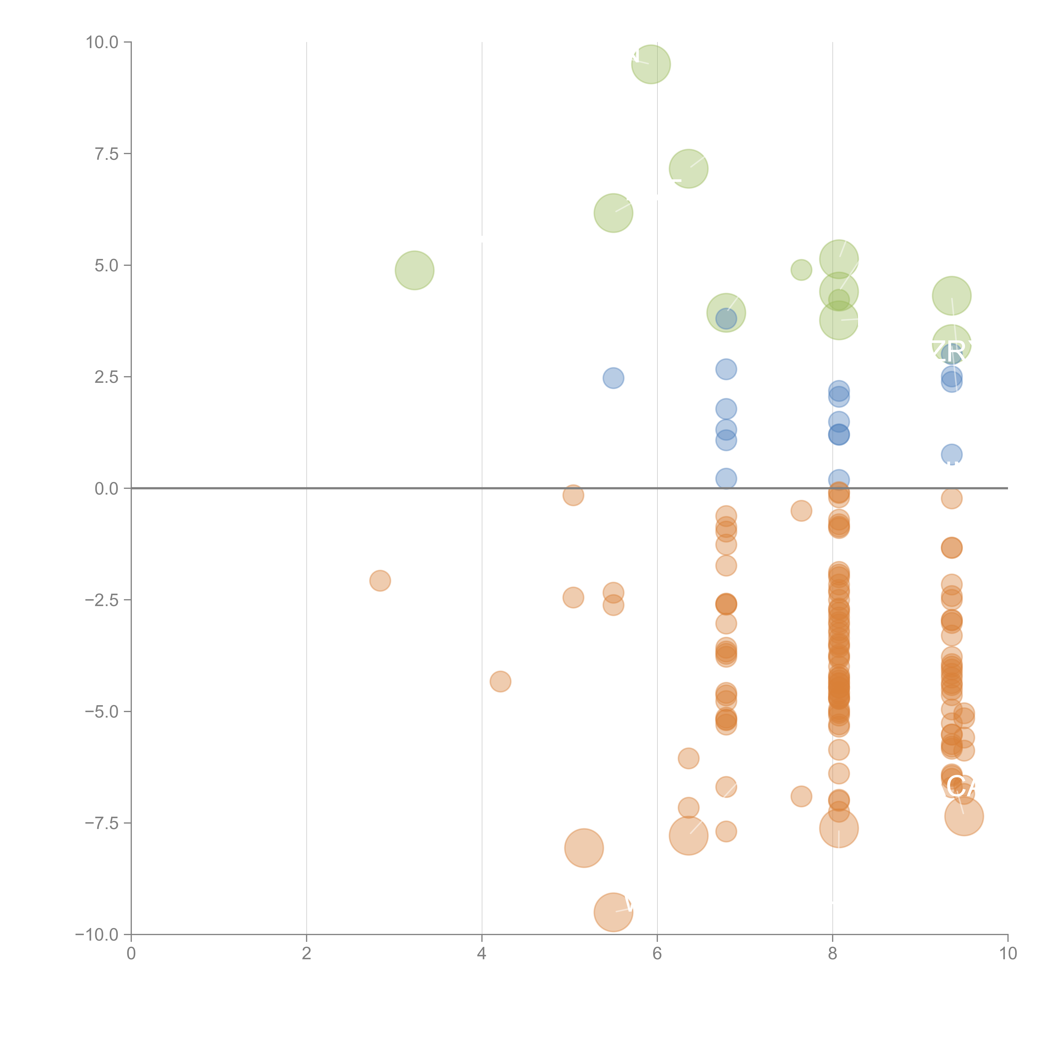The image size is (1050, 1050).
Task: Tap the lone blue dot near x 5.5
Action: [613, 378]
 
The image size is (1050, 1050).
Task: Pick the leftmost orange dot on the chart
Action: [380, 580]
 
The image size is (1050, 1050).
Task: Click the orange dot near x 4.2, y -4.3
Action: [500, 681]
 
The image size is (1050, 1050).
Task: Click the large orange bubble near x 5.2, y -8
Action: [584, 848]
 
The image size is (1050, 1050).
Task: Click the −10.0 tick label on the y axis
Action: [97, 935]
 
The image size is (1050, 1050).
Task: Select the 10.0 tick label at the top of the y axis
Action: [102, 42]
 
